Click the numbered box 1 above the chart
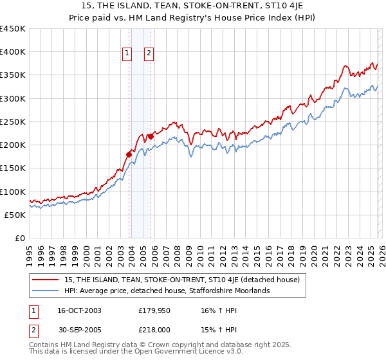[127, 54]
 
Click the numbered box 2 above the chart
[149, 54]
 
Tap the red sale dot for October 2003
[129, 154]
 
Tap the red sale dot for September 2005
[151, 136]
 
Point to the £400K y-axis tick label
[13, 52]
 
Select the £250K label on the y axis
[13, 122]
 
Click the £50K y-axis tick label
[15, 215]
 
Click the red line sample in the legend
[46, 280]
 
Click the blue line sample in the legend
[46, 291]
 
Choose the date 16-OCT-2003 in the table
[79, 310]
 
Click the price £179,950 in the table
[154, 310]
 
